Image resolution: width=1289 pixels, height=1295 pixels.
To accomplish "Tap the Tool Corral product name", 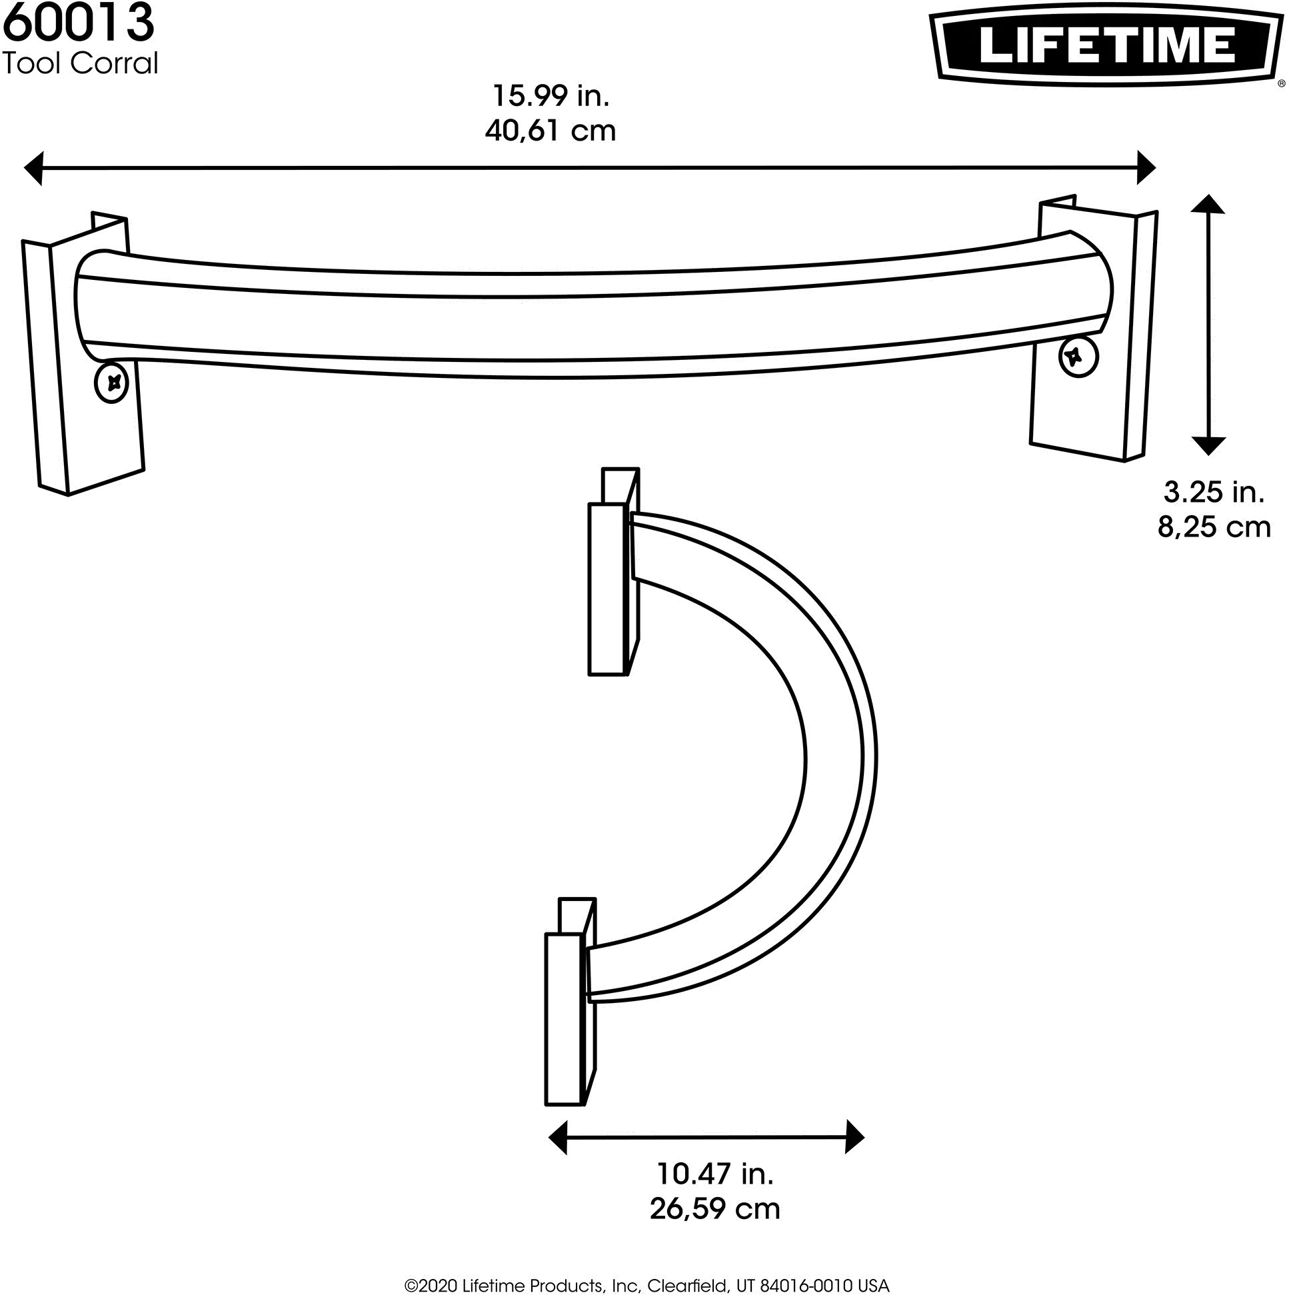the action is click(81, 63).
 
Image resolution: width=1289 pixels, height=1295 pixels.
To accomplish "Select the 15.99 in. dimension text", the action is click(551, 96).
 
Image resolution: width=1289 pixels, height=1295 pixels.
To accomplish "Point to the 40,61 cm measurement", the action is click(551, 131).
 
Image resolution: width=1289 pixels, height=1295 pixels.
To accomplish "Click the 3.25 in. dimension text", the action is click(1214, 493).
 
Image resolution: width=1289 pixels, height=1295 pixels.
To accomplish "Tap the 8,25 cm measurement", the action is click(1214, 527).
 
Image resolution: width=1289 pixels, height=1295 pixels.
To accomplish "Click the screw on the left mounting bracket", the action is click(112, 383).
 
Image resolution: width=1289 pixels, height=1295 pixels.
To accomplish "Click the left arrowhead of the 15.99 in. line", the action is click(33, 167).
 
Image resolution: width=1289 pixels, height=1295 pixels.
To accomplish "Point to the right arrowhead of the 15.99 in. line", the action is click(1146, 167).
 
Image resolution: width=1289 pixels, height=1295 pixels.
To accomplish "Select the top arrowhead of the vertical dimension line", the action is click(1208, 204).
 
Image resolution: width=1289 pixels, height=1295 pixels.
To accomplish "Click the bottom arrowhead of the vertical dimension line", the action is click(1208, 446).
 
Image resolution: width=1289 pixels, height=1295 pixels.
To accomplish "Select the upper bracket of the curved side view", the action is click(613, 571).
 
